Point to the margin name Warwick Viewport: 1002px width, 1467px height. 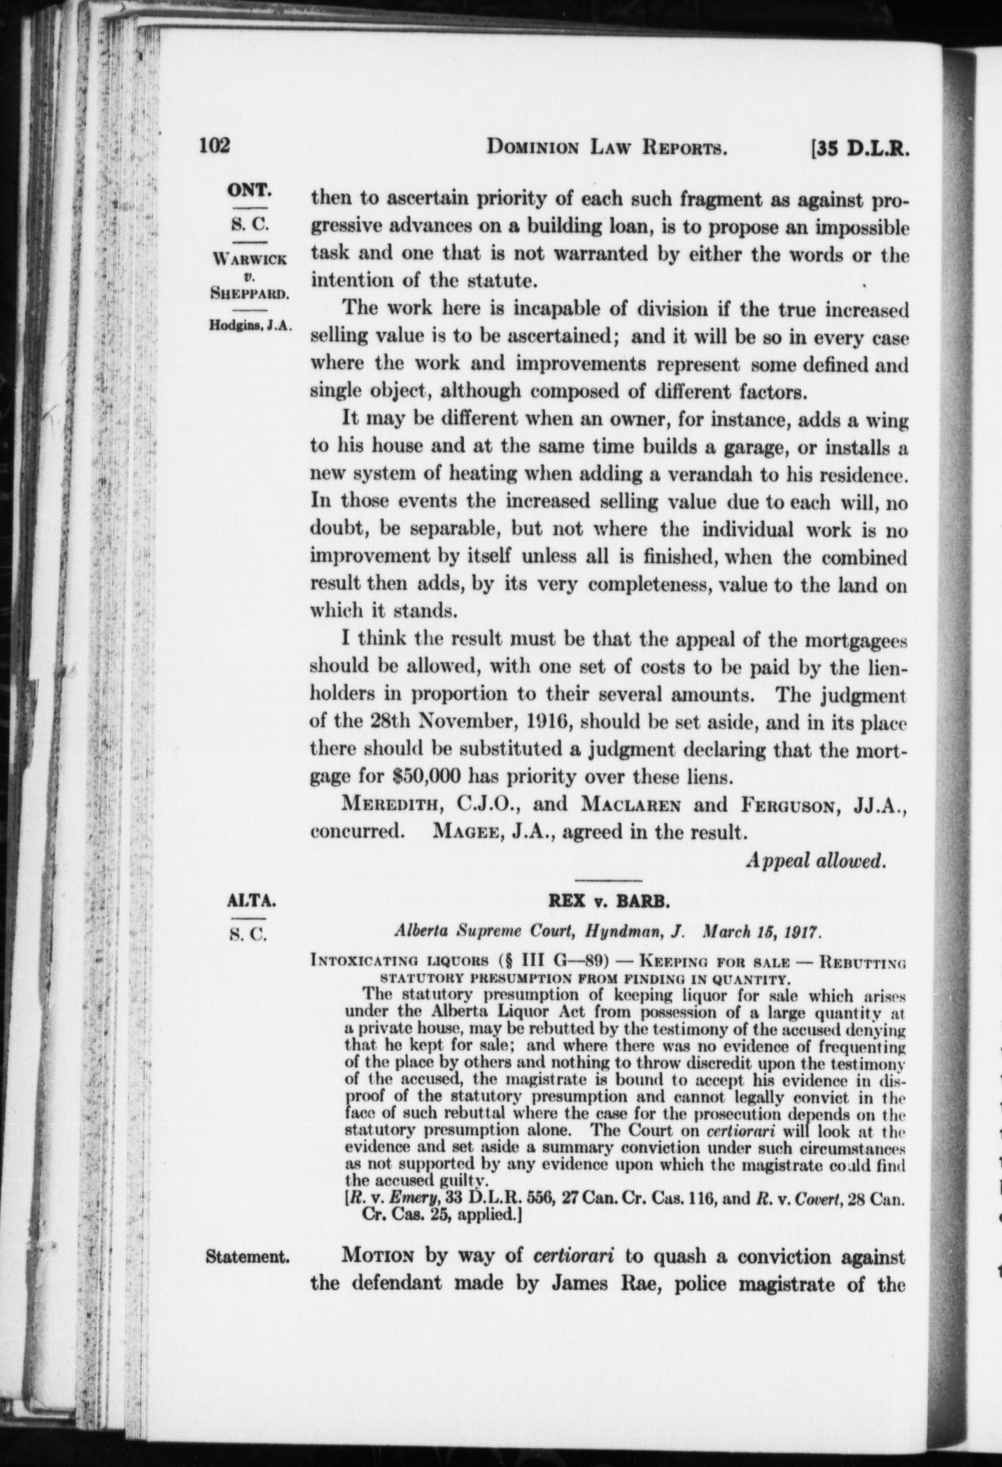(x=250, y=258)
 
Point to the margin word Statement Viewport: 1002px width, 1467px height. (x=248, y=1256)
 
